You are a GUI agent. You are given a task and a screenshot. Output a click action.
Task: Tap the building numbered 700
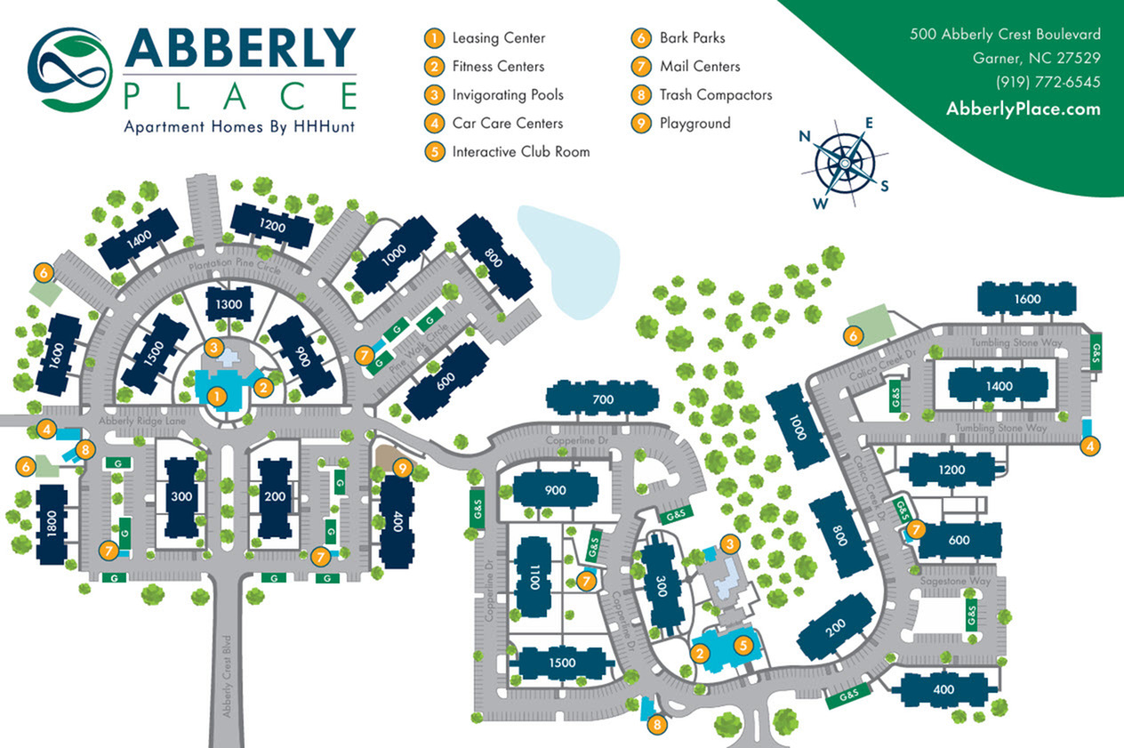(602, 400)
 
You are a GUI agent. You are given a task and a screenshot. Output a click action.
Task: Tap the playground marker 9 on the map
(403, 466)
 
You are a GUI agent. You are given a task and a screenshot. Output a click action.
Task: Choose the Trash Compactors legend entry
(715, 95)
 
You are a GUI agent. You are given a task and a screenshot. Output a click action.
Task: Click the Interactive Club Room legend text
(520, 152)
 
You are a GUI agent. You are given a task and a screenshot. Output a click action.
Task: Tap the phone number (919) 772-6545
(1048, 82)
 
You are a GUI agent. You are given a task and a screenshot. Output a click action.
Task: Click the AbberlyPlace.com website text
(1023, 109)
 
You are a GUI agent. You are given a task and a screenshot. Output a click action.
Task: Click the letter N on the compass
(805, 136)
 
